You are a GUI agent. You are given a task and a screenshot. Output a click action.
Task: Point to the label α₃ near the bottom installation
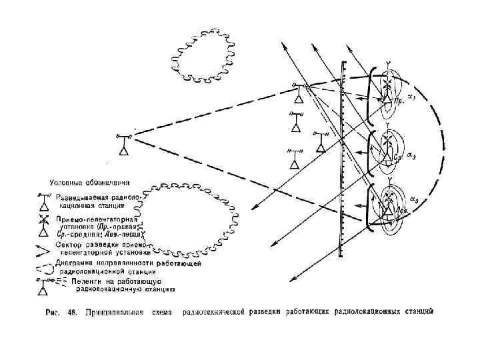tap(414, 200)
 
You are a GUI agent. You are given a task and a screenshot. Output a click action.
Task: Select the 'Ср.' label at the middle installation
tap(397, 158)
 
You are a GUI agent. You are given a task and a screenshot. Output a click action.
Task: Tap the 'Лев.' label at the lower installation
tap(401, 209)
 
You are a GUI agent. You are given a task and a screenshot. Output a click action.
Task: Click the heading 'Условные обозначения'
tap(90, 182)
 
